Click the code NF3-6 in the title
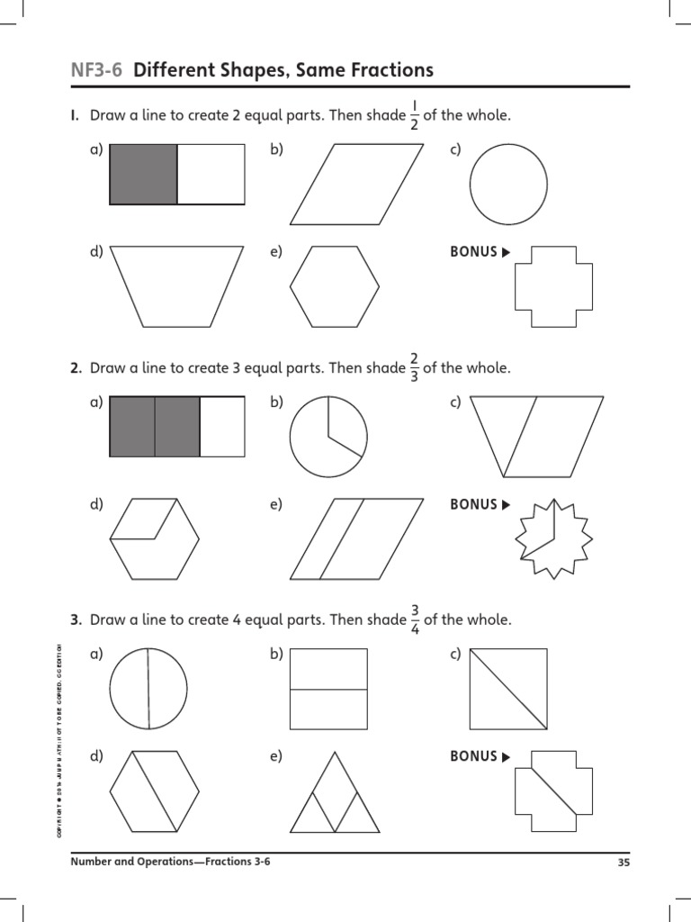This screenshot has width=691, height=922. click(97, 70)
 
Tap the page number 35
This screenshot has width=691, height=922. click(624, 862)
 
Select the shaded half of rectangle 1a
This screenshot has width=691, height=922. click(143, 174)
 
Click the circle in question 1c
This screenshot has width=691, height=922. click(508, 185)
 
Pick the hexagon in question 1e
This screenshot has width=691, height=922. click(334, 285)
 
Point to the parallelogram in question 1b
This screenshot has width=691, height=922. click(356, 184)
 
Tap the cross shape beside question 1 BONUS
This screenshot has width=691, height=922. click(553, 286)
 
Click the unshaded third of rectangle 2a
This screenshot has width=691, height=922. click(222, 426)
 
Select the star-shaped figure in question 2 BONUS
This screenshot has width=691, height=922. click(553, 538)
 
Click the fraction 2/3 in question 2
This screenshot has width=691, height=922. click(414, 368)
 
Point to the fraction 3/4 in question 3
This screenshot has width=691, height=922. click(416, 620)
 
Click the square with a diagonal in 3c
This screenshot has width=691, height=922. click(508, 689)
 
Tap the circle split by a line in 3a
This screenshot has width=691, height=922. click(148, 689)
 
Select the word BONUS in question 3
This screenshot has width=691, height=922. click(473, 756)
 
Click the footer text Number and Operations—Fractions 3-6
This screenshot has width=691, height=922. click(170, 862)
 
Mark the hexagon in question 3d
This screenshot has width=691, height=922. click(154, 792)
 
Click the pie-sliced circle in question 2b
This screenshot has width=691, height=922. click(328, 437)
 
